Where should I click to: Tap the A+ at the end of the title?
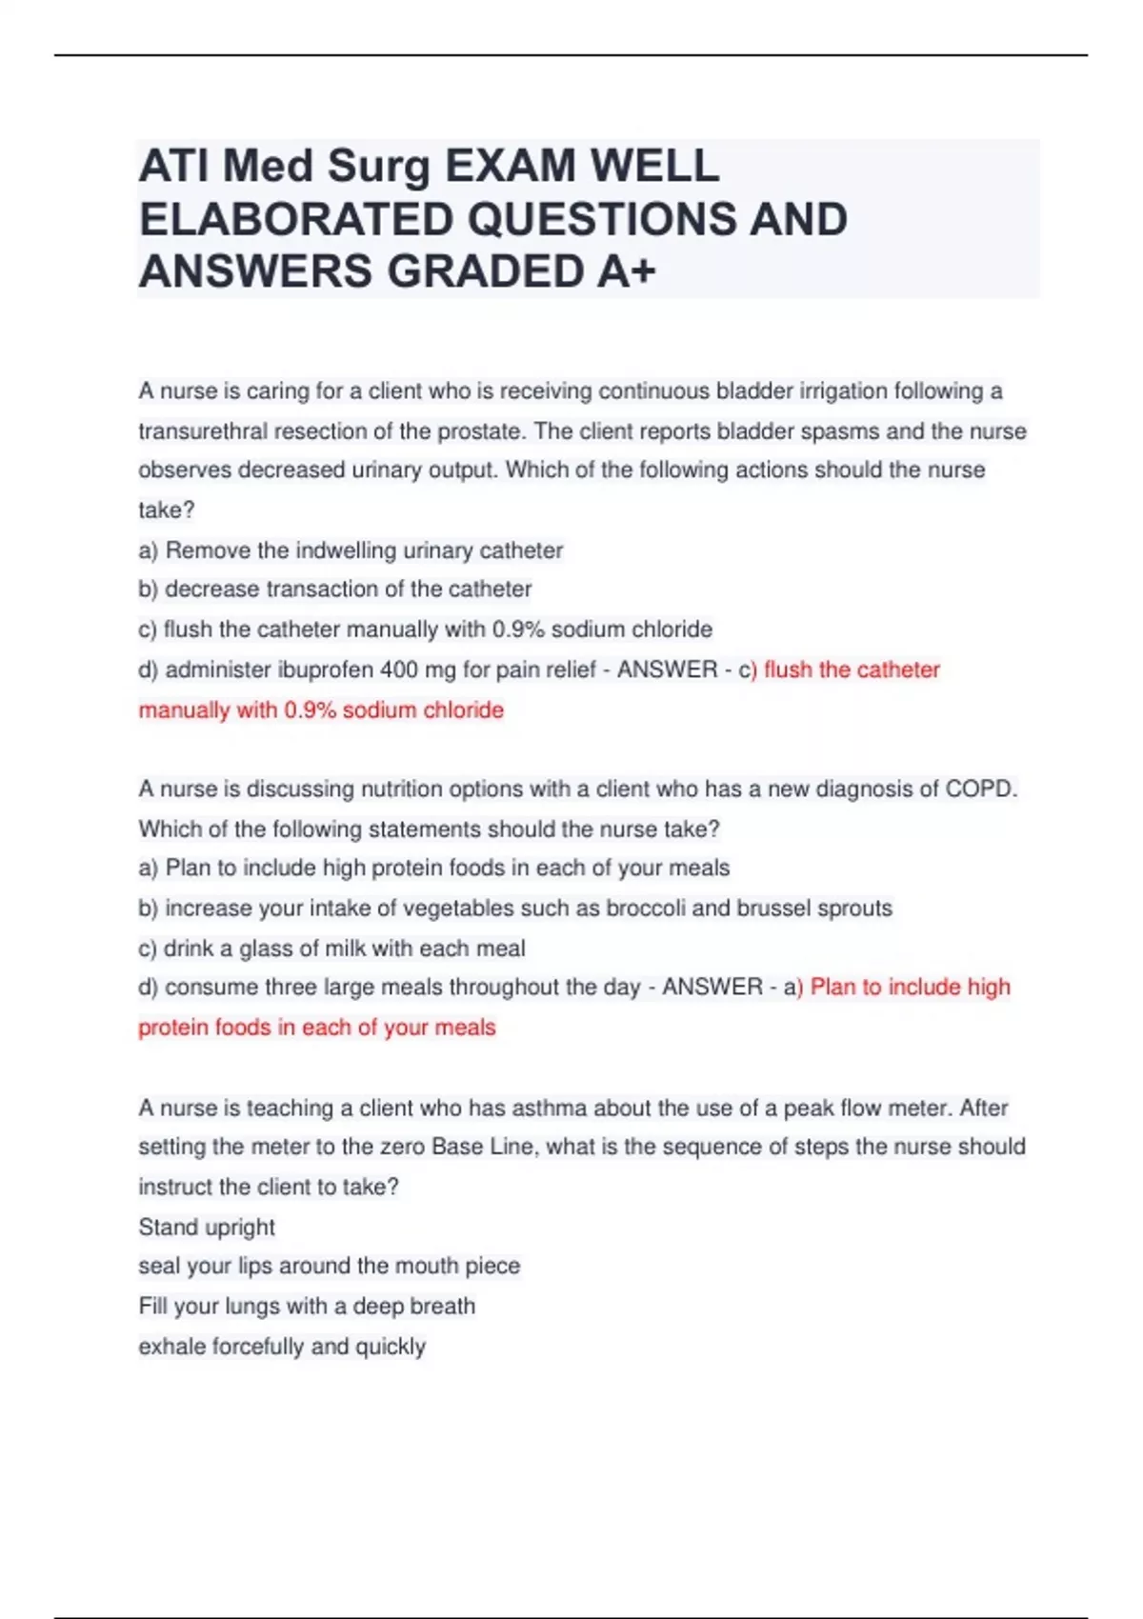(627, 271)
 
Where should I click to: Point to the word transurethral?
(202, 431)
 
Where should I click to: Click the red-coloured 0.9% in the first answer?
(310, 710)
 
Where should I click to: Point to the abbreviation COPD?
(980, 790)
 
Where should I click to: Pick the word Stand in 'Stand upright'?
(165, 1228)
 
